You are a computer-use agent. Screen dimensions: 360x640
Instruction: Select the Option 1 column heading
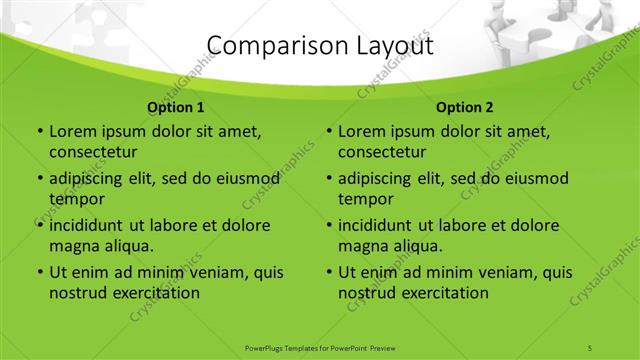point(176,106)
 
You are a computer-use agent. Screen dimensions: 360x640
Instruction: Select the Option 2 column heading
point(465,106)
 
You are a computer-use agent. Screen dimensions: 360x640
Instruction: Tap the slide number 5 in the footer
point(590,347)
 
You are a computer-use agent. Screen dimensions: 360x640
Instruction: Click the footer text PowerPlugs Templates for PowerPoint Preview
point(320,347)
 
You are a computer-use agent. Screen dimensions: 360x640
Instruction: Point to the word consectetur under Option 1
point(93,152)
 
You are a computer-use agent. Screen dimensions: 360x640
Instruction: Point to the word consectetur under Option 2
point(382,152)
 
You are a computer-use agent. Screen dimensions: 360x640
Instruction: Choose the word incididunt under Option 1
point(87,225)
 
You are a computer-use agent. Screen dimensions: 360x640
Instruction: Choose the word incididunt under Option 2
point(376,225)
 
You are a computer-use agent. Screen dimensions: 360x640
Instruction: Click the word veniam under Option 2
point(507,272)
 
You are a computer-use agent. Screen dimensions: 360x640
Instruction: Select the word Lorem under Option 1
point(71,131)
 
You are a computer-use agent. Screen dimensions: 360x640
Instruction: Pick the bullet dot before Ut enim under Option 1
point(39,272)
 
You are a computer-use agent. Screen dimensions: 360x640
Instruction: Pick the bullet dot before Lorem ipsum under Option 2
point(328,131)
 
